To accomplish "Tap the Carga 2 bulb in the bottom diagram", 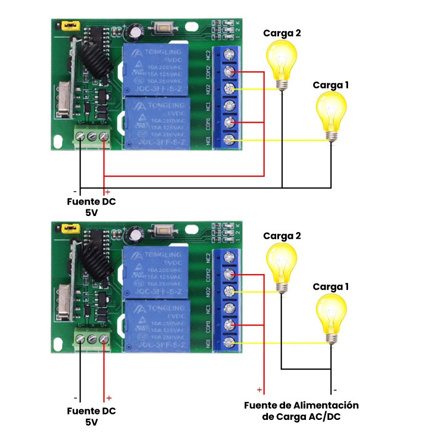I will (x=282, y=264).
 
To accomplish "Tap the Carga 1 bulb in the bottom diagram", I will (x=331, y=316).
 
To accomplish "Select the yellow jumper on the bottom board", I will (x=70, y=228).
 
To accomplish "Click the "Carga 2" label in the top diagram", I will (x=282, y=33).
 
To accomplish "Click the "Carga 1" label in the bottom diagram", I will (x=331, y=287).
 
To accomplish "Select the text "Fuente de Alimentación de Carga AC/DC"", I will (x=302, y=411).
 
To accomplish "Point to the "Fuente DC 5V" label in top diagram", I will (x=92, y=207).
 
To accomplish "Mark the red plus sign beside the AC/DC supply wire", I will (x=259, y=390).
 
